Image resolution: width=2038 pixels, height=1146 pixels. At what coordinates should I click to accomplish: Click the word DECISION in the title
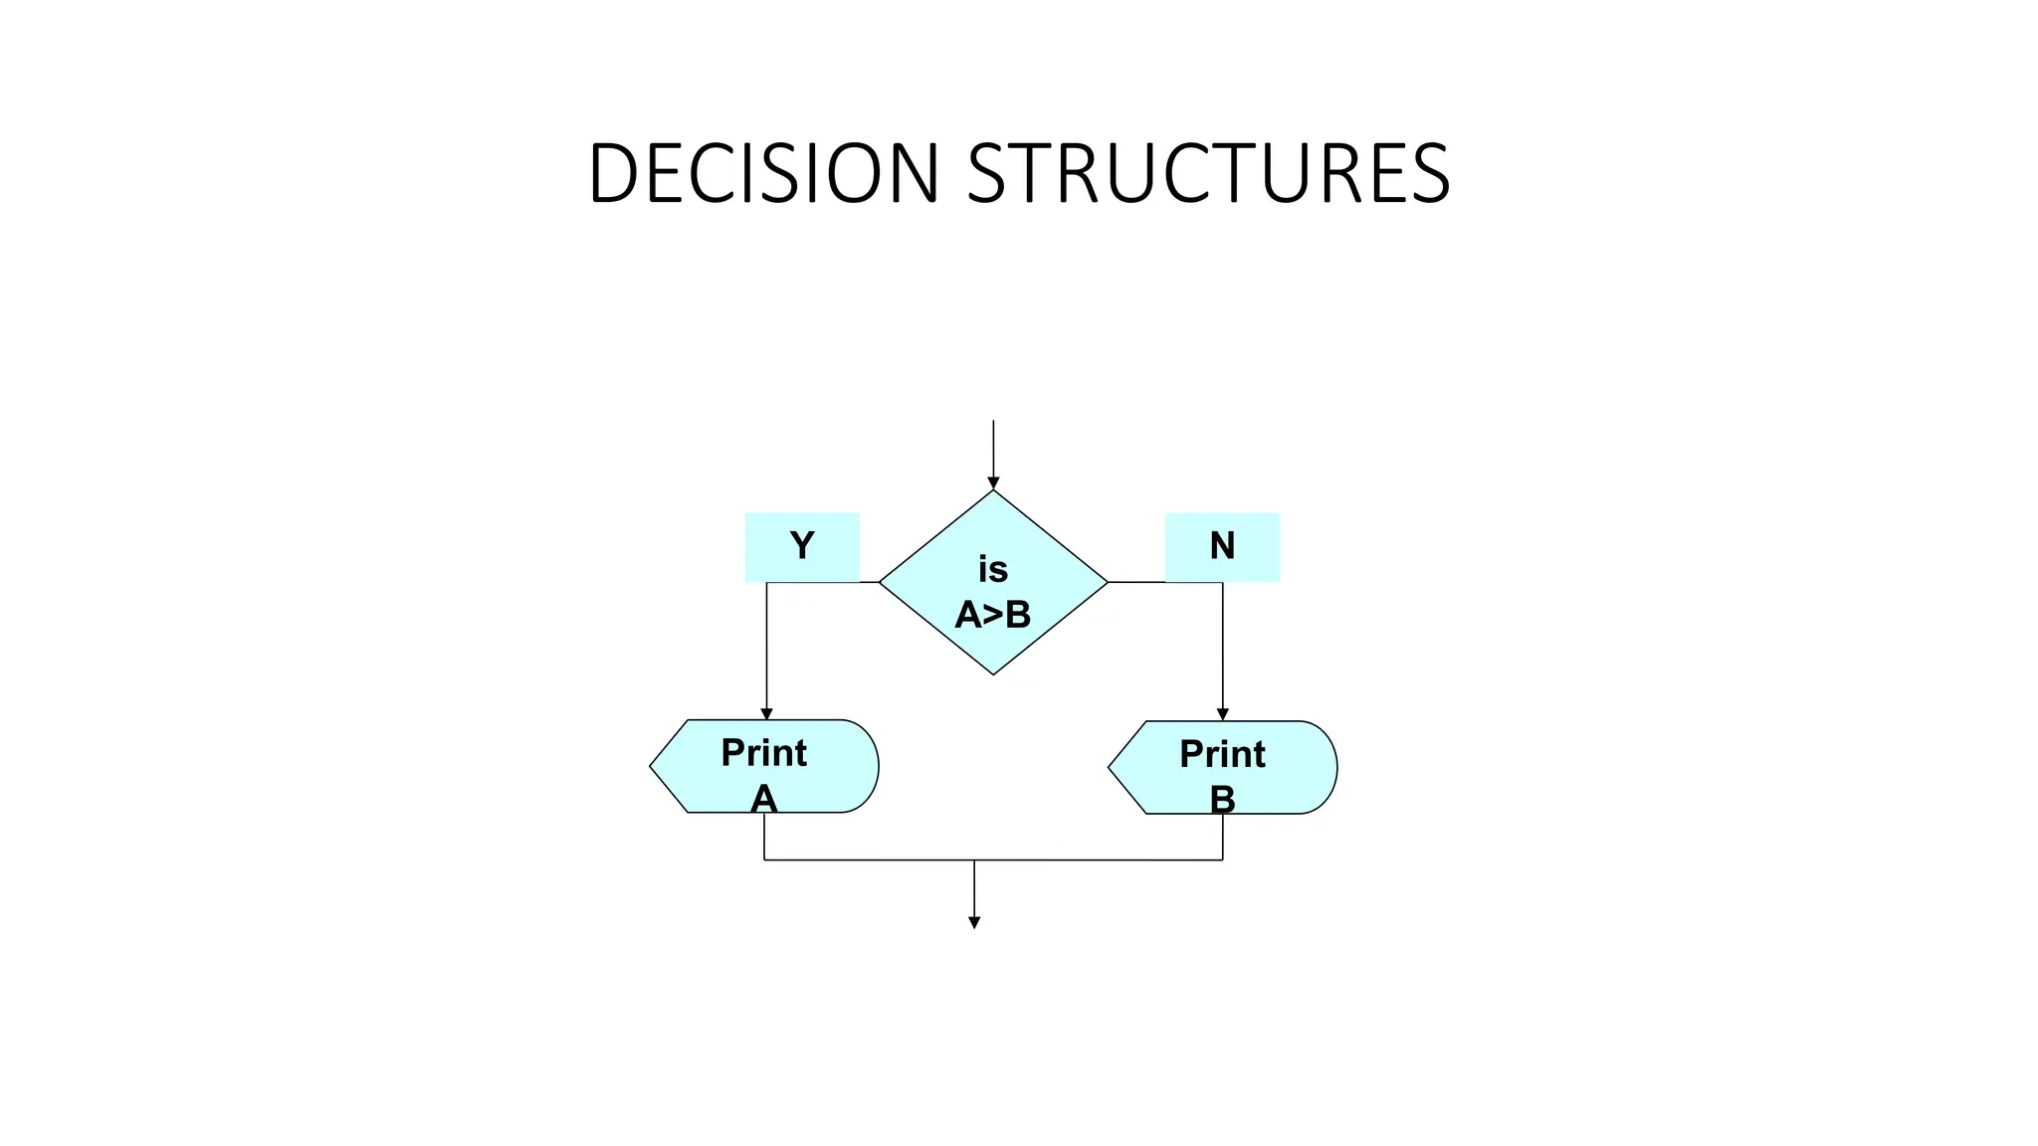coord(763,173)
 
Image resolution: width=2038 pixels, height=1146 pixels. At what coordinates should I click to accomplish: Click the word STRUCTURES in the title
coord(1208,173)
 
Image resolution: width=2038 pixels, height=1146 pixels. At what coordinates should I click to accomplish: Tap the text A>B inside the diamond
coord(993,615)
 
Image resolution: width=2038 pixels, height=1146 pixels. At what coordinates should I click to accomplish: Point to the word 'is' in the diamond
coord(993,570)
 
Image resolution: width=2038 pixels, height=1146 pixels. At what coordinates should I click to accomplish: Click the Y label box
coord(802,546)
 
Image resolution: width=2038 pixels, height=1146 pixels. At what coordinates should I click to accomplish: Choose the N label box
coord(1222,546)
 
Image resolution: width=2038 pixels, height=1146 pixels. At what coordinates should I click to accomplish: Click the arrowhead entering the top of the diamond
coord(993,483)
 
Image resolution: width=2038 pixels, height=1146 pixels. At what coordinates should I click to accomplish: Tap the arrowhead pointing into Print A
coord(766,713)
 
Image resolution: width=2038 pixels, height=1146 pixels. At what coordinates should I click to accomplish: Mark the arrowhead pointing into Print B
coord(1223,714)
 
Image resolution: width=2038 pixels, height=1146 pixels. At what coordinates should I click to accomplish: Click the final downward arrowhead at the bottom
coord(974,923)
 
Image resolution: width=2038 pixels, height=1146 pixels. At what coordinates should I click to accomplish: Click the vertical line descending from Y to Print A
coord(766,647)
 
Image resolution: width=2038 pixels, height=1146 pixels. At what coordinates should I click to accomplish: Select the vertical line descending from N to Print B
coord(1223,647)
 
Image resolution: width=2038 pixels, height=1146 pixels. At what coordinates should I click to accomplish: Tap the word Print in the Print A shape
coord(764,753)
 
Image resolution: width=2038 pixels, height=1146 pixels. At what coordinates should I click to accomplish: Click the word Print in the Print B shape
coord(1222,754)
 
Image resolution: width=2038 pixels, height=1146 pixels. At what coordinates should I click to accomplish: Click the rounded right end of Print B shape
coord(1331,767)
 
